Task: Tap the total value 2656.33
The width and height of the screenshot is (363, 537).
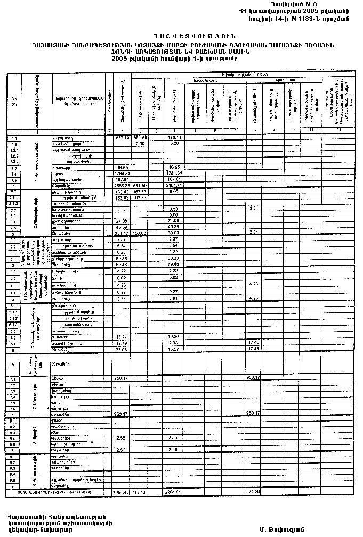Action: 122,185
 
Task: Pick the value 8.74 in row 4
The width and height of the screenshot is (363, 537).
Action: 122,300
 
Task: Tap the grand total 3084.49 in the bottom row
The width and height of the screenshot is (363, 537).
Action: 122,491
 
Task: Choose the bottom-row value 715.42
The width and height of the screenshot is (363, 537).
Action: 140,491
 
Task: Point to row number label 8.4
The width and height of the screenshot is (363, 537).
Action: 13,437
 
